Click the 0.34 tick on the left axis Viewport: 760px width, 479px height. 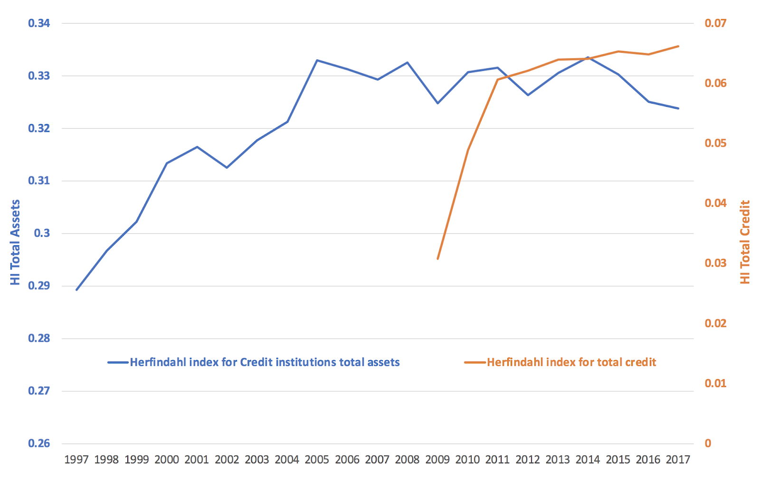[39, 23]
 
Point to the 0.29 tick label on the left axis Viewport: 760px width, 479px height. [39, 286]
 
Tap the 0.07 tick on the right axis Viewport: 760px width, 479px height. [715, 23]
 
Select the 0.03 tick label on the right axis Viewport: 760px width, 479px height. [715, 263]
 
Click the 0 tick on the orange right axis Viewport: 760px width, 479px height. [708, 443]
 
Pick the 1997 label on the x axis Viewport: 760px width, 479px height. [76, 460]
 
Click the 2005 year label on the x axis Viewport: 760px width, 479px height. [317, 460]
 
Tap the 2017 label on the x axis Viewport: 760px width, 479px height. [678, 460]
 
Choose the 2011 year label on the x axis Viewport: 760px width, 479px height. [497, 460]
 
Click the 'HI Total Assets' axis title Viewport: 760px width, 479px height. [16, 242]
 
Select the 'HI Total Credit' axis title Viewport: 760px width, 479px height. [745, 242]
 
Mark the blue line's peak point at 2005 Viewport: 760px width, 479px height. [317, 60]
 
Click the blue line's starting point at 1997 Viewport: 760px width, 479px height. [76, 290]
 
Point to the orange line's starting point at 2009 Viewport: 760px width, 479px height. [437, 259]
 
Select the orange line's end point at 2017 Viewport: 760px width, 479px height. [678, 46]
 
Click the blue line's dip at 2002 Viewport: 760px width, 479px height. [227, 168]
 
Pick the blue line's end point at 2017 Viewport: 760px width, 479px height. [678, 108]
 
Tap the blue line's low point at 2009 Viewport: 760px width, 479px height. [437, 103]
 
